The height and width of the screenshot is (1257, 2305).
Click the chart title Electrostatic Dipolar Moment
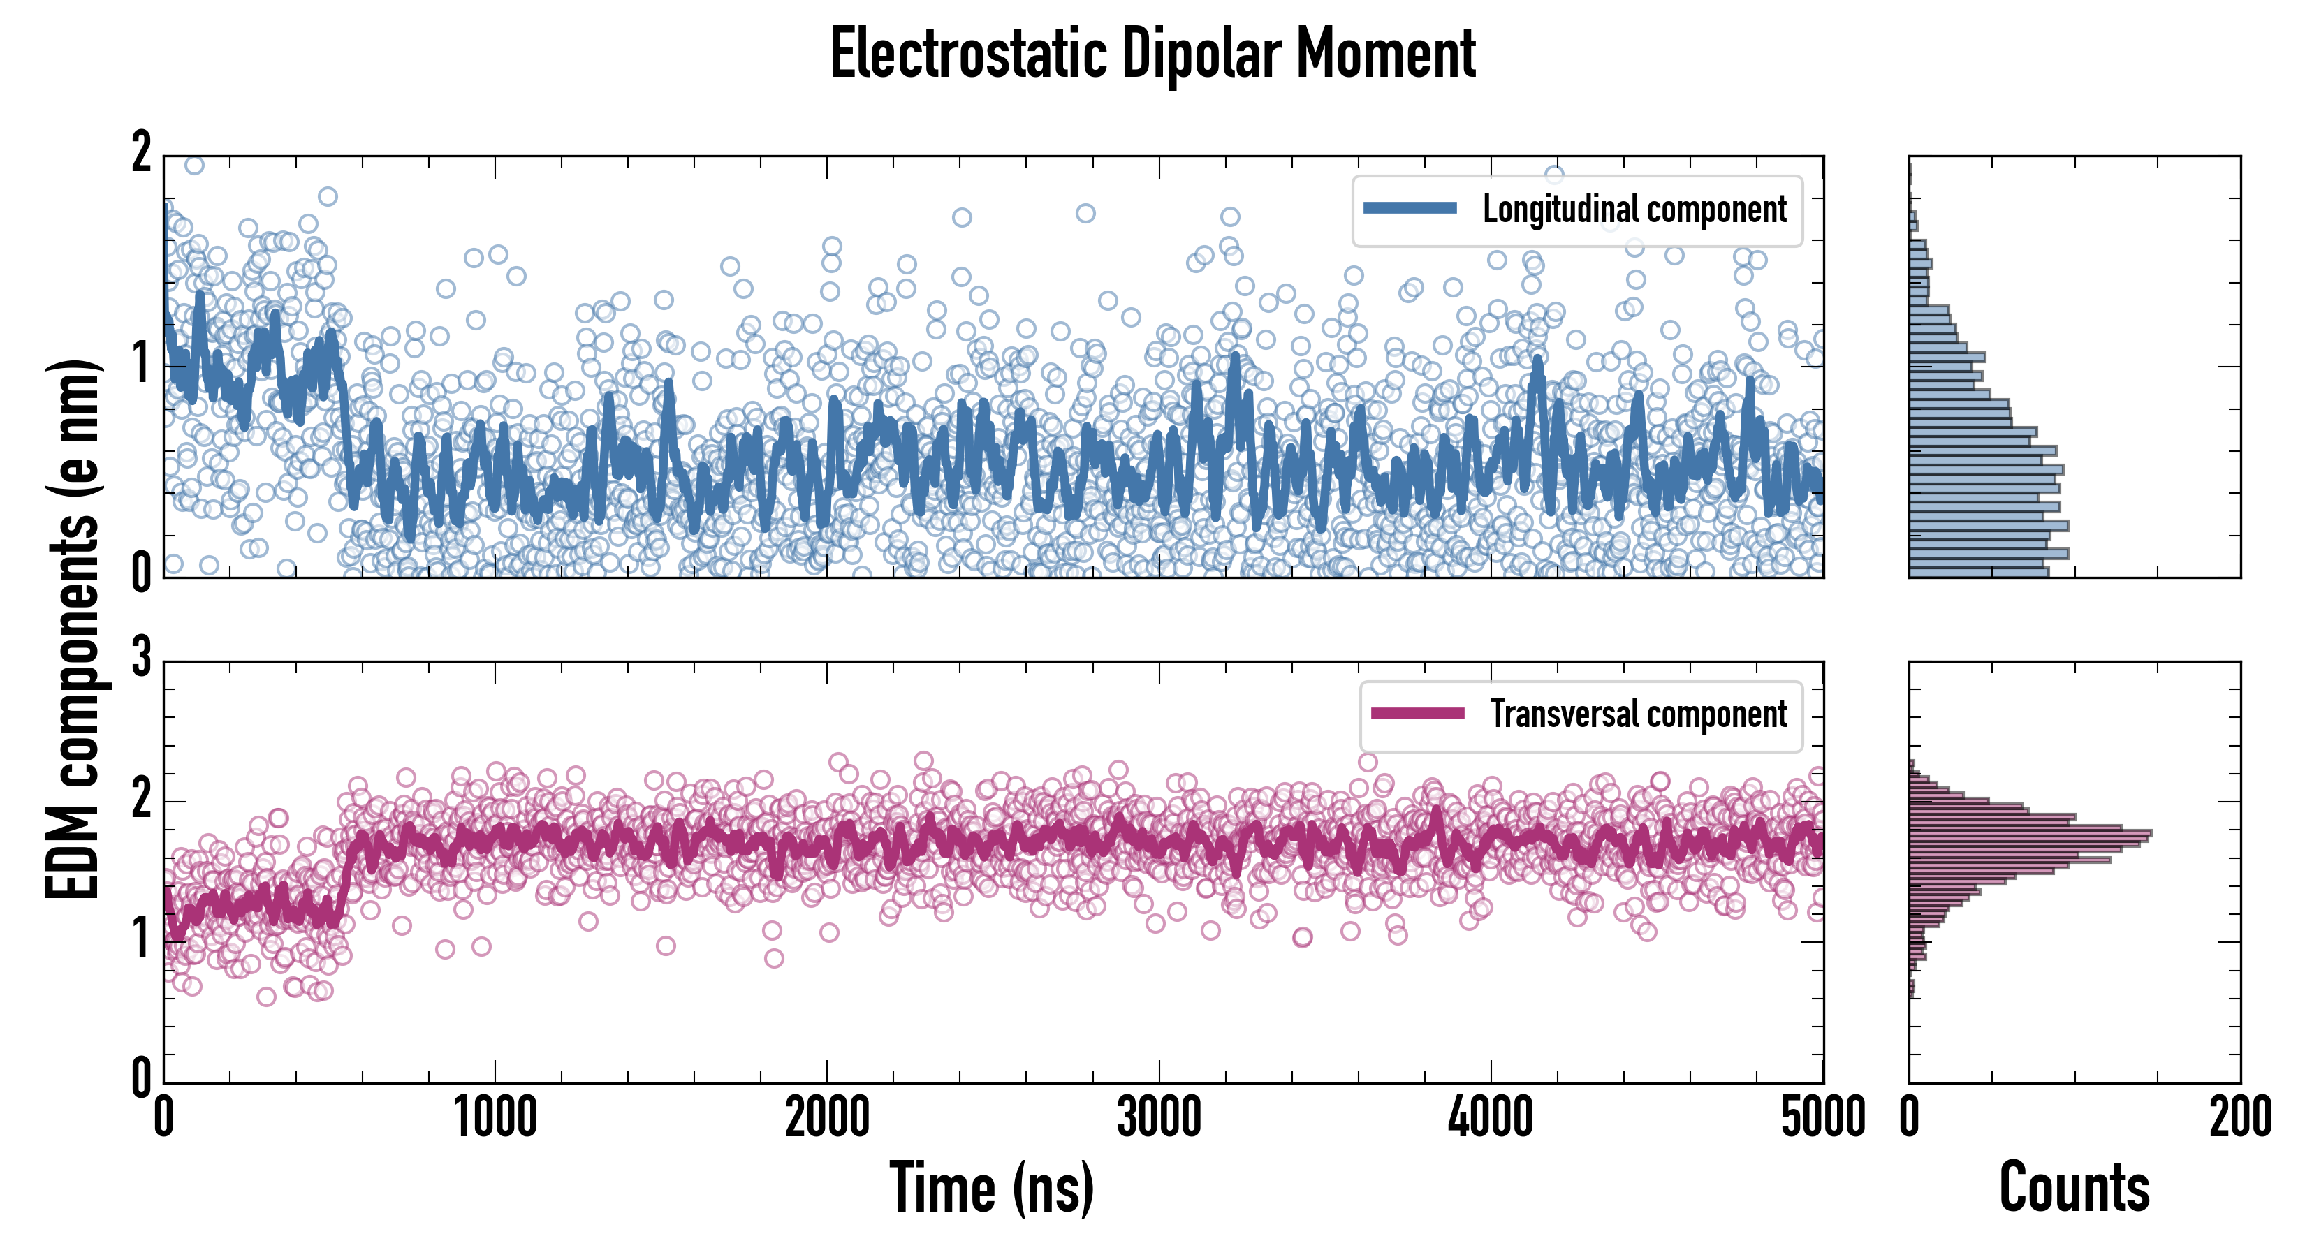(1152, 54)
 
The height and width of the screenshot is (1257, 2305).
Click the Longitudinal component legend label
(1634, 209)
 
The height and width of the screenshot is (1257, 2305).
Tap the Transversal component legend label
(1637, 714)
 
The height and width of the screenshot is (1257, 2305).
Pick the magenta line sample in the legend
(1417, 713)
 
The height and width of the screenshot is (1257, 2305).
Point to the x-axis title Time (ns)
(991, 1188)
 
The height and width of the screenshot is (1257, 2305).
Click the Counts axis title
(2074, 1188)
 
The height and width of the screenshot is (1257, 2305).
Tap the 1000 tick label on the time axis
(495, 1118)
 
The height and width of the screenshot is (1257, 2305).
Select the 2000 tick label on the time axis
(827, 1118)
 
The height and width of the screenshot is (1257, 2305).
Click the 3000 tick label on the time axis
(1159, 1118)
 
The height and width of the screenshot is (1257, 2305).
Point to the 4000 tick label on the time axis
(1491, 1118)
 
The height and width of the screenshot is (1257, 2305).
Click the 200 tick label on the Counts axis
(2239, 1118)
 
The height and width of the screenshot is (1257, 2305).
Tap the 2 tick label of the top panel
(141, 154)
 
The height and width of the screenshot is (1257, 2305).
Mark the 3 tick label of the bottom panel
(141, 659)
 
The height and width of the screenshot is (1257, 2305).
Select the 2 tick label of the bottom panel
(141, 799)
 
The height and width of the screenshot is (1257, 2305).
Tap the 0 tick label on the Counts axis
(1910, 1118)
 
